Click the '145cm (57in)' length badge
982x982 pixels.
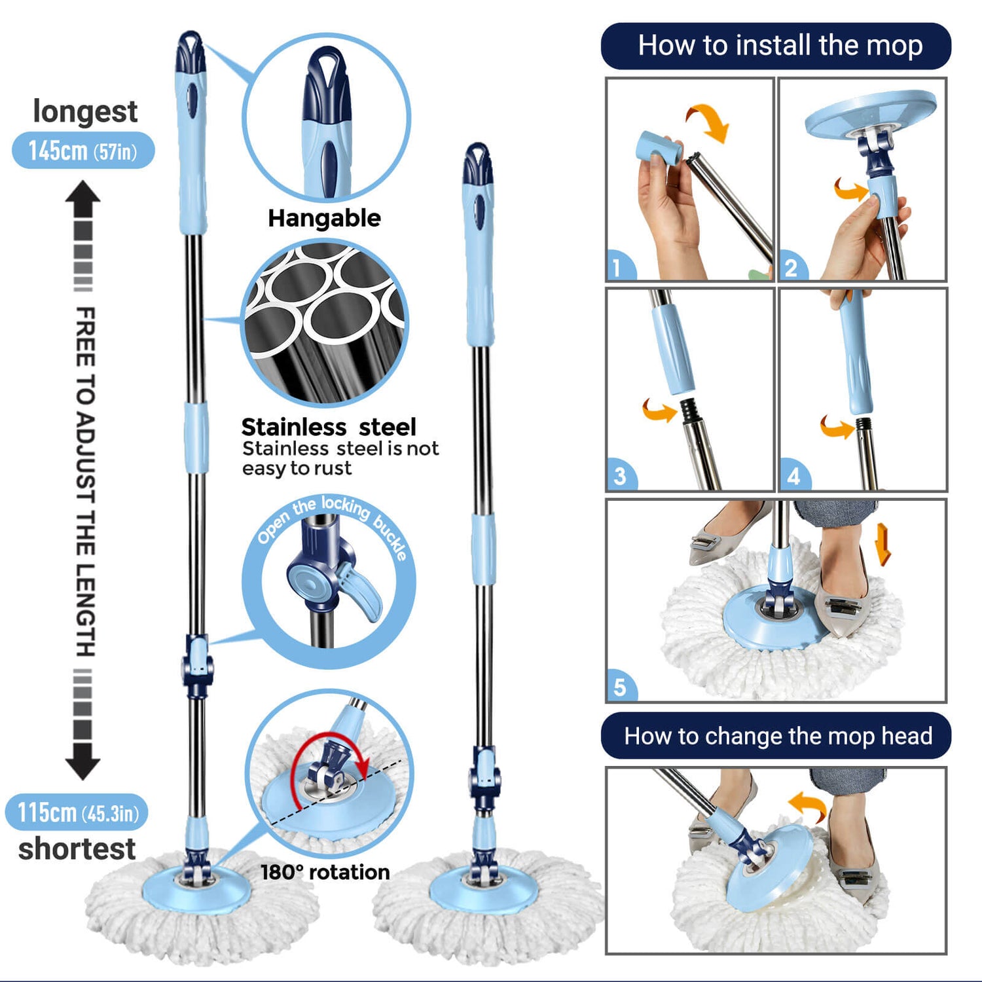point(83,151)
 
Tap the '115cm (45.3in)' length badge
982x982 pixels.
point(77,812)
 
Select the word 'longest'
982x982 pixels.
point(85,111)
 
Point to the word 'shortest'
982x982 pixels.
point(77,849)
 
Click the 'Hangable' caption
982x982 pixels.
point(324,218)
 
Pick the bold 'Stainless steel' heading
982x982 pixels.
point(329,427)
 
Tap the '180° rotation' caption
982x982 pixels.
point(325,872)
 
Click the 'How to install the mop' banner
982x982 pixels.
point(776,46)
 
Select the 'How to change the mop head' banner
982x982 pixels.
point(776,736)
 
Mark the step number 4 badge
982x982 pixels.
point(793,476)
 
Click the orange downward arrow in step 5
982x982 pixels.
point(883,543)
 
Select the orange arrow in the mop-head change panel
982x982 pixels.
point(808,806)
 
